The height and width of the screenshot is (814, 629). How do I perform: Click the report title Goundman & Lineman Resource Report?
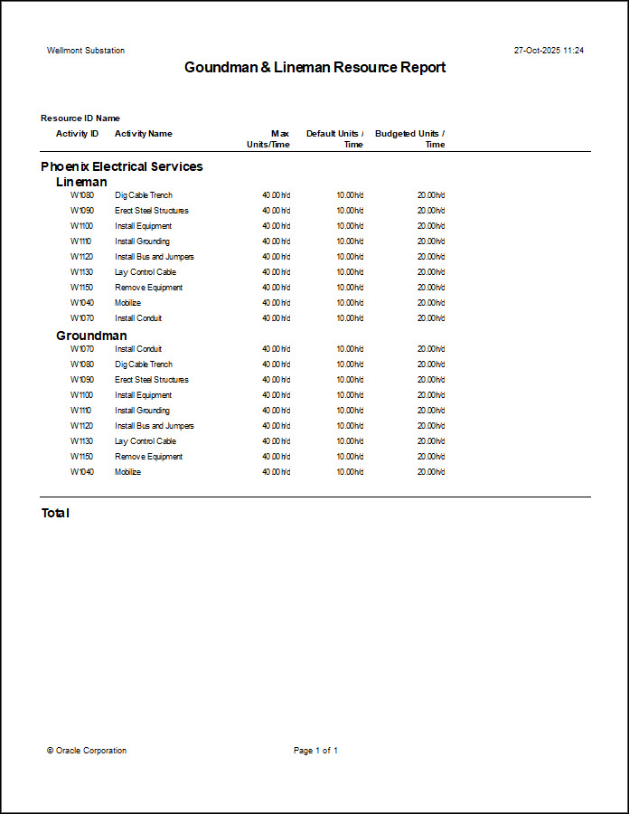tap(314, 68)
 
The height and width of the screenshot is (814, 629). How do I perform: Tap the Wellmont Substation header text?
tap(86, 51)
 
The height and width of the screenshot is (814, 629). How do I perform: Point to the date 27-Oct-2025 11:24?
tap(549, 51)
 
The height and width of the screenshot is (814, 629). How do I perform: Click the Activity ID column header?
tap(77, 134)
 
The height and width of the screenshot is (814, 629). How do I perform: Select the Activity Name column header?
tap(143, 134)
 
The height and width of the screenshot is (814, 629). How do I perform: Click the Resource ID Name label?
tap(80, 118)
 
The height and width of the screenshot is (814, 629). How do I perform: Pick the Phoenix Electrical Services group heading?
tap(122, 166)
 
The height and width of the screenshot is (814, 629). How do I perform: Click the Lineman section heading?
tap(81, 182)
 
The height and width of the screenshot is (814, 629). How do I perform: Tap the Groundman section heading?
tap(91, 336)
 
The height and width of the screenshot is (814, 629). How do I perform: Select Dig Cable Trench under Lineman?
tap(144, 195)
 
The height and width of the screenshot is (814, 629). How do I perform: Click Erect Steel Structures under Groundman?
tap(152, 380)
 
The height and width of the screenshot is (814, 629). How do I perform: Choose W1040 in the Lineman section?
tap(82, 303)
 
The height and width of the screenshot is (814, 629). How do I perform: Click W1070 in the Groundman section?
tap(82, 349)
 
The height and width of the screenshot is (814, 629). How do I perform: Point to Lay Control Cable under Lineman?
tap(146, 272)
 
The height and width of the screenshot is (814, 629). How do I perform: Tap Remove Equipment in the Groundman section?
tap(149, 457)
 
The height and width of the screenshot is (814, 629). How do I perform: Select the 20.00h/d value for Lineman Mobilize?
tap(431, 303)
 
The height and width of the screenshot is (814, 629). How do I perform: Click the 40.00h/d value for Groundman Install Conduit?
tap(276, 349)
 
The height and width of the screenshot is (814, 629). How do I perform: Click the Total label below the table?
tap(55, 514)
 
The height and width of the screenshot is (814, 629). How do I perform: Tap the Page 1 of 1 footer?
tap(315, 751)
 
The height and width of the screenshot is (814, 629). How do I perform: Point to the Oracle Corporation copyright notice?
tap(87, 751)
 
